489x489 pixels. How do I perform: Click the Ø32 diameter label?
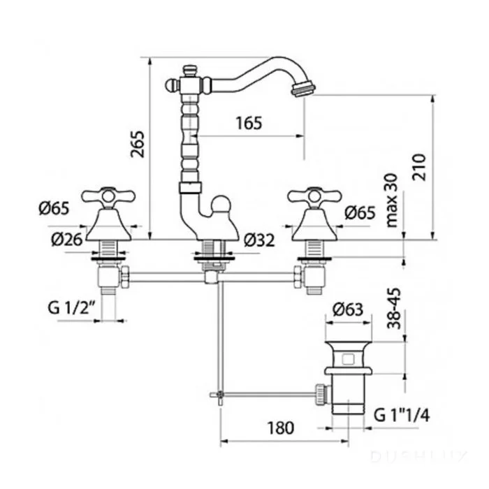(260, 240)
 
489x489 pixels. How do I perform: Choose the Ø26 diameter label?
(67, 239)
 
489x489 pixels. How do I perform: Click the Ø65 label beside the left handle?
(54, 209)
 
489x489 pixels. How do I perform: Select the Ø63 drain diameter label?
(348, 309)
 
